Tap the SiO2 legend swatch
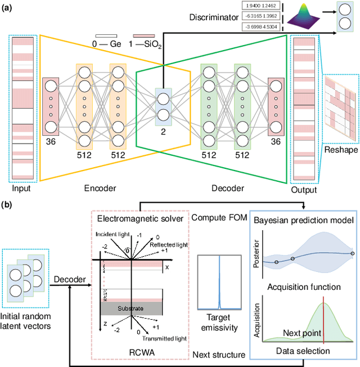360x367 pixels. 144,35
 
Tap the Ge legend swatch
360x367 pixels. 105,35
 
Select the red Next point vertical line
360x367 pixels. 323,321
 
